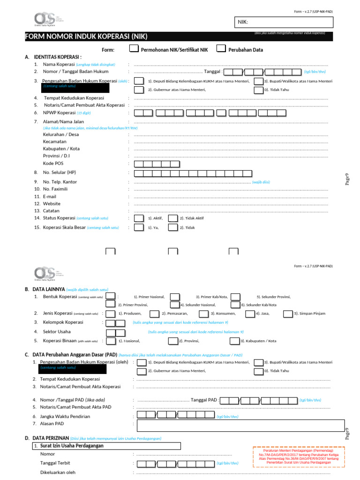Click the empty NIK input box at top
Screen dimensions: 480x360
[x=283, y=22]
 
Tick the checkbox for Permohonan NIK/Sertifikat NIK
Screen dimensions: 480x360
[x=134, y=49]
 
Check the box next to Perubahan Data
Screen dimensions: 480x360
[x=220, y=49]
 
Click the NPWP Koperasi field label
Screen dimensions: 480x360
[x=59, y=113]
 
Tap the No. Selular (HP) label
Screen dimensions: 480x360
[x=60, y=172]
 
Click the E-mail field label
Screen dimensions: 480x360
[x=50, y=196]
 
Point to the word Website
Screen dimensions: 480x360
[x=52, y=203]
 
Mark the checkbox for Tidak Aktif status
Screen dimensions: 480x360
[x=172, y=218]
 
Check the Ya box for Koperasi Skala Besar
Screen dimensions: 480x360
[x=139, y=227]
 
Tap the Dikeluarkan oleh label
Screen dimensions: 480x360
[x=58, y=472]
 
